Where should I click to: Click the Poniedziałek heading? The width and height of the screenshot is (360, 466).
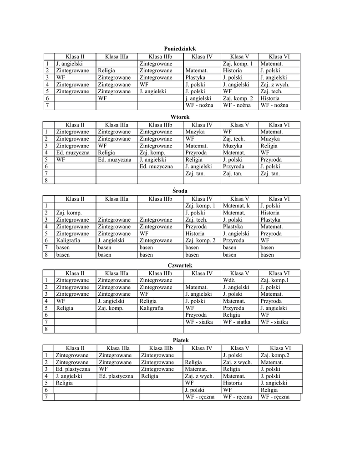[180, 48]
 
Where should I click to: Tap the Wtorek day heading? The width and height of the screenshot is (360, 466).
[180, 117]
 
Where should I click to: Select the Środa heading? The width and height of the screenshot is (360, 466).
[180, 191]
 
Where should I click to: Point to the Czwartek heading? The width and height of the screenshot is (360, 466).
[180, 265]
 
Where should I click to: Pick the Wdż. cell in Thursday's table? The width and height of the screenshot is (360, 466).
[229, 280]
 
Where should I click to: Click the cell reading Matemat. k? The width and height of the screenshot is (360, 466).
[237, 206]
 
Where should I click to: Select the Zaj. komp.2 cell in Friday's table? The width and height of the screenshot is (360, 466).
[275, 355]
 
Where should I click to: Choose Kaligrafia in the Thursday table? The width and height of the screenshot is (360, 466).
[151, 308]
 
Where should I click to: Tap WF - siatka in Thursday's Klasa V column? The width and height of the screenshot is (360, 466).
[237, 322]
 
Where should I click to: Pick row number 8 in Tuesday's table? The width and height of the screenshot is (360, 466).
[46, 180]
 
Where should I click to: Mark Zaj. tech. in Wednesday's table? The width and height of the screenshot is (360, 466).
[196, 219]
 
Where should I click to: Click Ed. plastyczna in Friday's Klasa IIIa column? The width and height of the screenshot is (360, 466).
[116, 376]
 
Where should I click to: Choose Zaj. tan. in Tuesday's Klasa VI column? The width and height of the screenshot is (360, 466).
[270, 173]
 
